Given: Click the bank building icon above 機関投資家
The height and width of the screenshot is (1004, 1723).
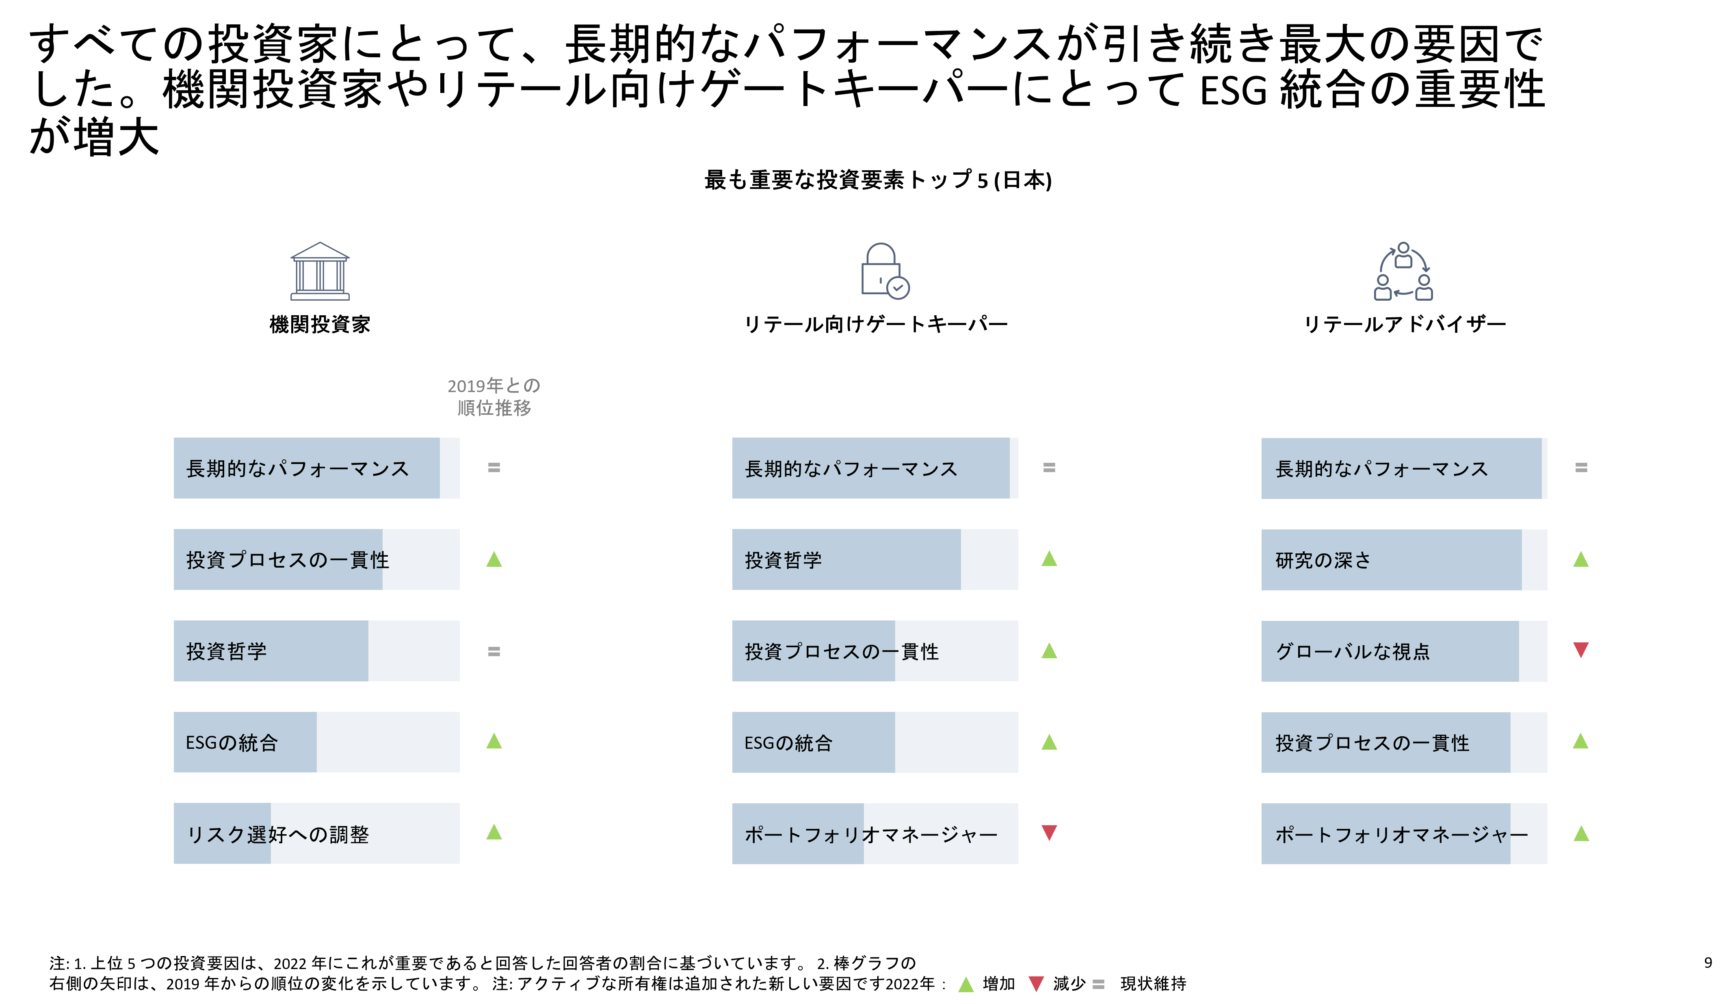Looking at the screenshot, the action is (x=320, y=271).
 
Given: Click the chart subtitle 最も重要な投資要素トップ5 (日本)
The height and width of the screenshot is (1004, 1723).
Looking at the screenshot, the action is (x=878, y=180).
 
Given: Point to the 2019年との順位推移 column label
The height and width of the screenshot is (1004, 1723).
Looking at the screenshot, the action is (x=494, y=397).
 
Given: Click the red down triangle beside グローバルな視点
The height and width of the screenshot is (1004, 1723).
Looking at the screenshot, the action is (x=1581, y=650).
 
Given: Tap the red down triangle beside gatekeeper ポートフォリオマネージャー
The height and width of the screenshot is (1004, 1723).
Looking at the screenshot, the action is (x=1050, y=833).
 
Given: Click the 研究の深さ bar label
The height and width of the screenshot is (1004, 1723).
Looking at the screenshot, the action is (x=1323, y=560).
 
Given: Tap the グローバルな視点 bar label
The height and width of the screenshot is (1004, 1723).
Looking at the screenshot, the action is (x=1353, y=651).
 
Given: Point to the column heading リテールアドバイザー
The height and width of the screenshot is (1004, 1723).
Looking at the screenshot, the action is (x=1405, y=324).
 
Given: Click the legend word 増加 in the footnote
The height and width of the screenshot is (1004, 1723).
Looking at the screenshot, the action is (x=998, y=984).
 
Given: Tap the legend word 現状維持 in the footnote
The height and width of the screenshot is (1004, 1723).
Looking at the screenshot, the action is (x=1154, y=984).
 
